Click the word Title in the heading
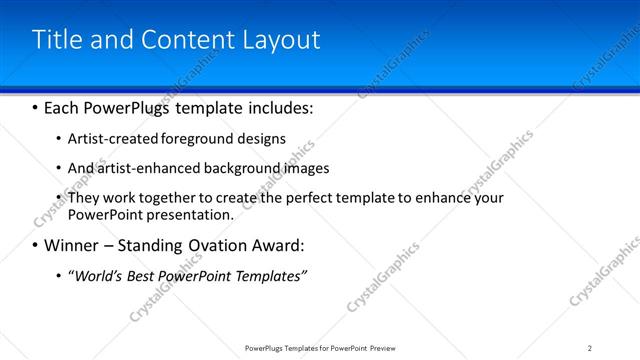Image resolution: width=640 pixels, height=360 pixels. tap(55, 40)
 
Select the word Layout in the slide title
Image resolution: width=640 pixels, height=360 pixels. tap(283, 40)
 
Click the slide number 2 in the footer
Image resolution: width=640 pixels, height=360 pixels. tap(590, 347)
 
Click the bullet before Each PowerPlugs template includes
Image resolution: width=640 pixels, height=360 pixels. tap(36, 105)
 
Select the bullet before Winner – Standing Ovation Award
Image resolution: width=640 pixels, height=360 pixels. tap(36, 245)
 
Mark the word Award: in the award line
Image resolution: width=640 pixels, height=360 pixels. tap(279, 245)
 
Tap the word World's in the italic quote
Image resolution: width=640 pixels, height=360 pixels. tap(99, 275)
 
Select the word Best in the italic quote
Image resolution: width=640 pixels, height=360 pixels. tap(146, 275)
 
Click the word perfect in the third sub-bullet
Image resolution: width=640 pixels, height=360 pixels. tap(292, 198)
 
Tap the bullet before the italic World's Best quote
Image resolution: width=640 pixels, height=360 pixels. tap(58, 275)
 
